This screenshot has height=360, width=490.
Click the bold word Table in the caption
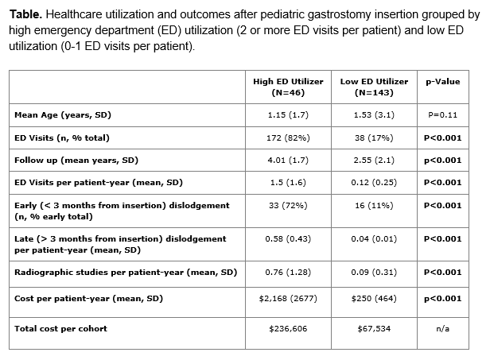25,14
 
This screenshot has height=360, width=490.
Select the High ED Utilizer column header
288,87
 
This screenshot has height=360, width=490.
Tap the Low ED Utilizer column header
374,87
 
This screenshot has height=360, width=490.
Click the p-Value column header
443,82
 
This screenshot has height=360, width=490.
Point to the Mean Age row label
63,115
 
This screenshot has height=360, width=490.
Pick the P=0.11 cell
443,115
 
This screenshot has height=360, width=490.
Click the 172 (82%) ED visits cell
288,137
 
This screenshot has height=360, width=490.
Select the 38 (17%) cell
374,137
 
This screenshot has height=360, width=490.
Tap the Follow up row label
76,161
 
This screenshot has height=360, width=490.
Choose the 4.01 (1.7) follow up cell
288,161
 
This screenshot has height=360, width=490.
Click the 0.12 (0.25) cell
374,182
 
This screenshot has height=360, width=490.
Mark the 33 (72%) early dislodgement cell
288,205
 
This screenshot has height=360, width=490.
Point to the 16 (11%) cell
374,205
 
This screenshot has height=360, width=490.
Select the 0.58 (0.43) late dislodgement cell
288,239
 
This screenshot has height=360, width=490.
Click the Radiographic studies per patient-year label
126,273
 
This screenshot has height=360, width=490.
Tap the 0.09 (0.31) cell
374,273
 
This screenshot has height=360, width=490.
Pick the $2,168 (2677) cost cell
288,299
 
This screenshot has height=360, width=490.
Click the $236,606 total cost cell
288,328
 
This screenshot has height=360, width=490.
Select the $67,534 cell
374,328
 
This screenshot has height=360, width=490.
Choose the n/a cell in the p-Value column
443,328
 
